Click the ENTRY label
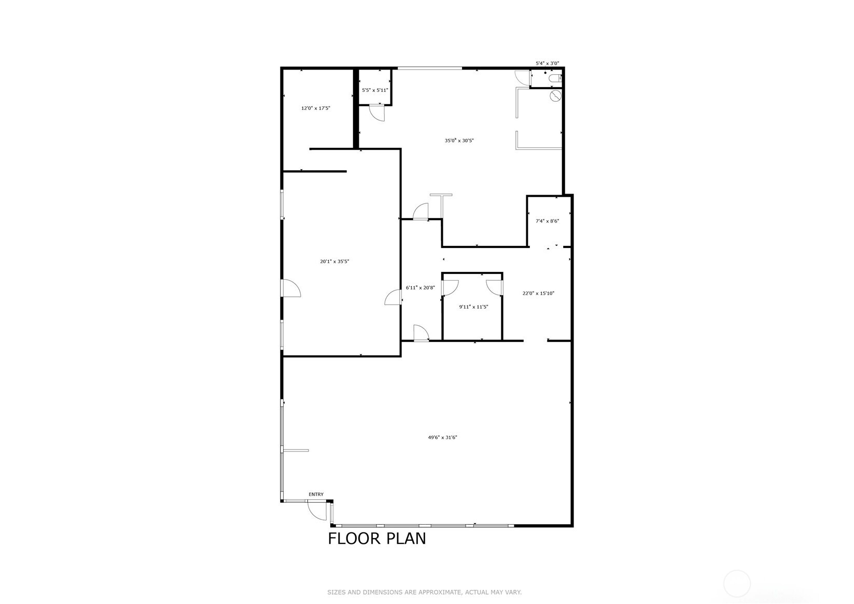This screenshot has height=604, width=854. [316, 495]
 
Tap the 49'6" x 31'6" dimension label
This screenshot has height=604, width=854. [442, 437]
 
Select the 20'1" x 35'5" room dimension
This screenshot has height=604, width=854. [334, 262]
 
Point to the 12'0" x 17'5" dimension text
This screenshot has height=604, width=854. [316, 108]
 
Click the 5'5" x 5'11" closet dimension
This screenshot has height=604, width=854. [375, 90]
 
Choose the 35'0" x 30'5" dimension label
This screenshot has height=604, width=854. [459, 140]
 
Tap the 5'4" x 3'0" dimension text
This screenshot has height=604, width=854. [547, 63]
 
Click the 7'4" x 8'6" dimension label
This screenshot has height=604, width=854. [547, 221]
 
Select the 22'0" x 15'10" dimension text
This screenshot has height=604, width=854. [538, 293]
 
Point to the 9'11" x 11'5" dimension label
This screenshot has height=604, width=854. [473, 307]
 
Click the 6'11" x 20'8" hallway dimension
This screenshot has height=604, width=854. [420, 287]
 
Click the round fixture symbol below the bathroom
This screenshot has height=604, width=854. [555, 96]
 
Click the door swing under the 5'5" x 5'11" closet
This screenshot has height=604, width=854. [376, 113]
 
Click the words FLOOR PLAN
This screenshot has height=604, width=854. [376, 539]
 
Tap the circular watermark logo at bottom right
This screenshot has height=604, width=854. [736, 584]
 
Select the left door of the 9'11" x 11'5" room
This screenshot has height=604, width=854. [450, 287]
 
